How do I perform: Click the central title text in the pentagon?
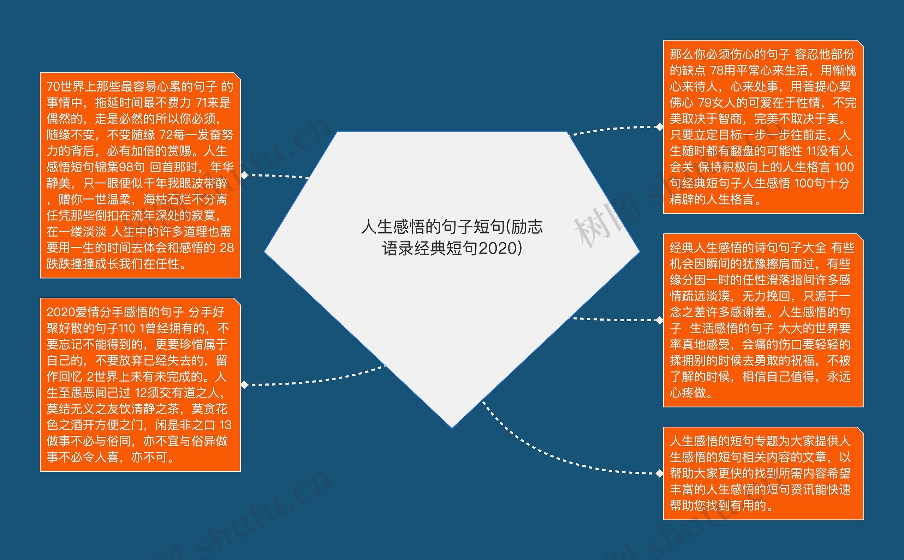coord(452,237)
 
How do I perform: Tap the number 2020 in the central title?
coord(498,249)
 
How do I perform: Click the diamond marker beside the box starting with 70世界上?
coord(244,175)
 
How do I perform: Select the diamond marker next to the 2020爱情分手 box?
coord(244,385)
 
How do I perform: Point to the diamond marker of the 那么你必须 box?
coord(659,127)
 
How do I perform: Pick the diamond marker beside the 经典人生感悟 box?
coord(659,320)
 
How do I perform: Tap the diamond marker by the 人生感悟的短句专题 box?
coord(659,473)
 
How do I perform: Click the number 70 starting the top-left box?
coord(53,87)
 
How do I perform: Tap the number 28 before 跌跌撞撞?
coord(227,248)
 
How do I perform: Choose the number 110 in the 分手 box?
coord(127,328)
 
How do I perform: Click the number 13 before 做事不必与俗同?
coord(225,425)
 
